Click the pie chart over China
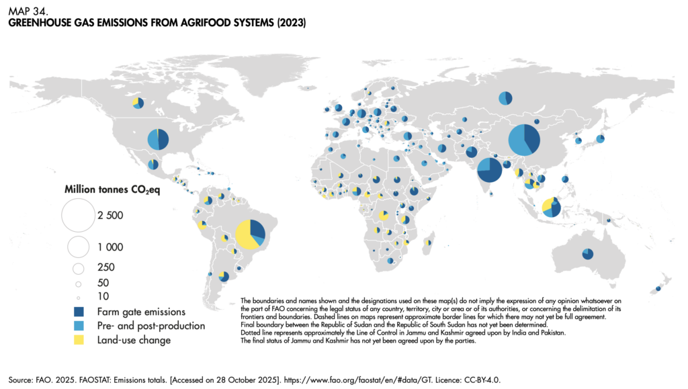(x=524, y=140)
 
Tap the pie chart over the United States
(x=157, y=139)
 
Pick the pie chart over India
(x=489, y=169)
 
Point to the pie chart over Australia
(x=588, y=253)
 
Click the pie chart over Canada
(x=138, y=102)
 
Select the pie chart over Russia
(x=505, y=99)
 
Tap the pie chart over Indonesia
(x=550, y=208)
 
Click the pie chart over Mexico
(x=153, y=164)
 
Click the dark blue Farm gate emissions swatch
(x=79, y=312)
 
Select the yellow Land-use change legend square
(x=79, y=340)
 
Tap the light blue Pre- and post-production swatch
(x=79, y=326)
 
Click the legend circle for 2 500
(x=78, y=216)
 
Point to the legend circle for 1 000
(x=78, y=247)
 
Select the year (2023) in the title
(x=288, y=23)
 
